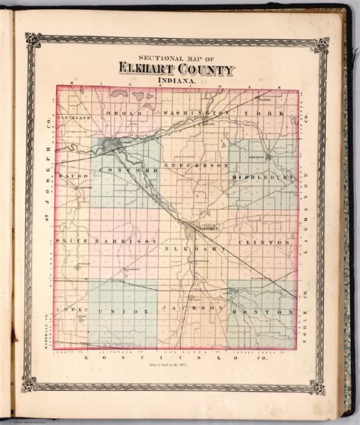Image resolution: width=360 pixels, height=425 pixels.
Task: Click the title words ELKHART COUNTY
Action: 176,71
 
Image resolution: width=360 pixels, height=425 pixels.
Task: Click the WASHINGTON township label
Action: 197,113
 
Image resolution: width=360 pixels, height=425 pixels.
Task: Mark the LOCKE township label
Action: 67,312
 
